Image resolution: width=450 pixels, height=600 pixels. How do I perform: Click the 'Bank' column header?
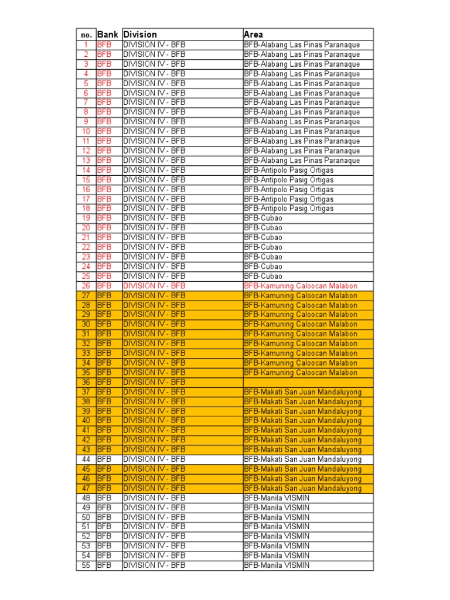click(108, 35)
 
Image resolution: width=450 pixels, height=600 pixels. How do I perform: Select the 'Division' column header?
click(140, 35)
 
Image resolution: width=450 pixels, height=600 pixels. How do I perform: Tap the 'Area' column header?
click(254, 35)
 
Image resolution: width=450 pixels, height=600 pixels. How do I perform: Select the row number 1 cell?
click(86, 45)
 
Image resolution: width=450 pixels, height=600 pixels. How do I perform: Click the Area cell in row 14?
click(288, 170)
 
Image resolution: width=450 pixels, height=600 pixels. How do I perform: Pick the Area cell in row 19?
click(263, 218)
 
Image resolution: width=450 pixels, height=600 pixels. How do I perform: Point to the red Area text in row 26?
click(300, 286)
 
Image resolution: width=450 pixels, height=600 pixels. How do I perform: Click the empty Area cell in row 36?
click(308, 382)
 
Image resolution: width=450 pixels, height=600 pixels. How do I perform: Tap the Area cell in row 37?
click(302, 391)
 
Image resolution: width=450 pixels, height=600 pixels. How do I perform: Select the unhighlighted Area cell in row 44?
click(302, 459)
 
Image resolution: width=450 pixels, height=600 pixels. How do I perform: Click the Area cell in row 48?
click(277, 498)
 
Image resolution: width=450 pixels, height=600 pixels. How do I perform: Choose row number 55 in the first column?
click(86, 565)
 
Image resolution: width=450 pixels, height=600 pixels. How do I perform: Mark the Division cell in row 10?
click(154, 131)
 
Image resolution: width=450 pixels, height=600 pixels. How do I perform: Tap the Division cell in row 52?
click(154, 536)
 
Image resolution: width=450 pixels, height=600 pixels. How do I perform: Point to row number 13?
click(86, 160)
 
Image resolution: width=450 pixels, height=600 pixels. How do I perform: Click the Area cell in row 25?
click(263, 276)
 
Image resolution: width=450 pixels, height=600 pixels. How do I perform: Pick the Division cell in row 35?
click(154, 372)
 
